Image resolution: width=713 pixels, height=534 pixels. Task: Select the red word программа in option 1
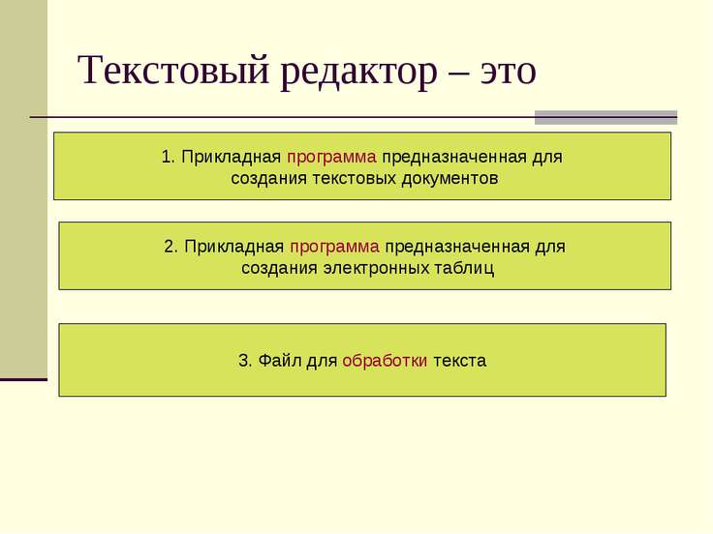332,157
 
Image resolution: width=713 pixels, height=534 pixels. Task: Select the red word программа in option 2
335,246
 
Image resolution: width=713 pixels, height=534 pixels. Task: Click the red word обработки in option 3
385,361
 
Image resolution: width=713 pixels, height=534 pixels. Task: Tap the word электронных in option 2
380,268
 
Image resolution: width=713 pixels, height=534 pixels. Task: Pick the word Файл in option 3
279,361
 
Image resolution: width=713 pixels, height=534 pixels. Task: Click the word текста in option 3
459,361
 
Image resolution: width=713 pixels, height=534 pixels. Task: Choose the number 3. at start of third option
245,361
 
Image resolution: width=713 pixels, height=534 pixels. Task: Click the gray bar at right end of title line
605,117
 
